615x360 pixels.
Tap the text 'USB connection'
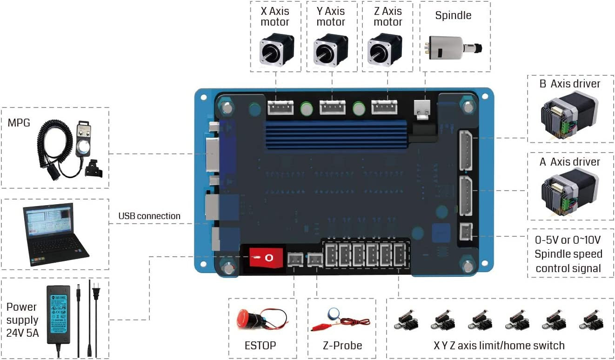coord(149,216)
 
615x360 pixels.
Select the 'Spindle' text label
coord(453,15)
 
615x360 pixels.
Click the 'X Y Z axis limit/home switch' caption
coord(499,346)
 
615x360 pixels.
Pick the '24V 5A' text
coord(22,334)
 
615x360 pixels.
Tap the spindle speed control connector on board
coord(466,232)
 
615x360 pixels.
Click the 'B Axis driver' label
coord(569,84)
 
